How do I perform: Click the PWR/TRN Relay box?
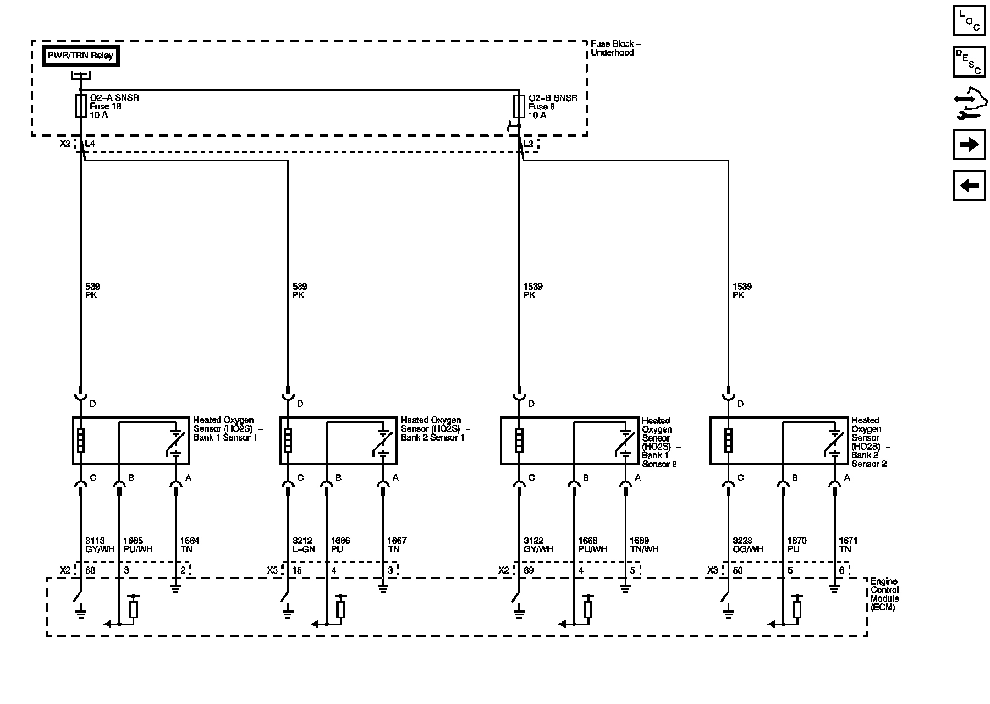click(x=81, y=56)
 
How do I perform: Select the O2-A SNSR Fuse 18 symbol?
click(x=80, y=106)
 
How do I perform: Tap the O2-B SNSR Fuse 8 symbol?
click(x=519, y=106)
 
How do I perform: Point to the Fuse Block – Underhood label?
click(x=615, y=48)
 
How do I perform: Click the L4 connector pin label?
click(x=90, y=144)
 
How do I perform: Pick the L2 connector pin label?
click(x=529, y=144)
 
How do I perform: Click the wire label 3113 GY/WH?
click(x=95, y=544)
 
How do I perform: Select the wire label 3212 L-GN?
click(x=303, y=544)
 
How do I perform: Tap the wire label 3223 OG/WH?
click(x=747, y=544)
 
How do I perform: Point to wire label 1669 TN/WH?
click(x=643, y=544)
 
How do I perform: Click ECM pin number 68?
click(x=90, y=570)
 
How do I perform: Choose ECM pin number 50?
click(x=738, y=570)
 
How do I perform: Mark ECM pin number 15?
click(x=297, y=570)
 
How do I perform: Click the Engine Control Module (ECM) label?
click(x=884, y=595)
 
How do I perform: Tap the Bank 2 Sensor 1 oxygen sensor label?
click(x=435, y=429)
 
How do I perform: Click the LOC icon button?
click(x=969, y=21)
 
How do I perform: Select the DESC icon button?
click(x=969, y=62)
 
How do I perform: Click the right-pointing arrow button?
click(x=969, y=145)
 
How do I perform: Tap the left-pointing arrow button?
click(x=969, y=185)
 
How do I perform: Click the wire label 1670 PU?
click(x=797, y=544)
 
